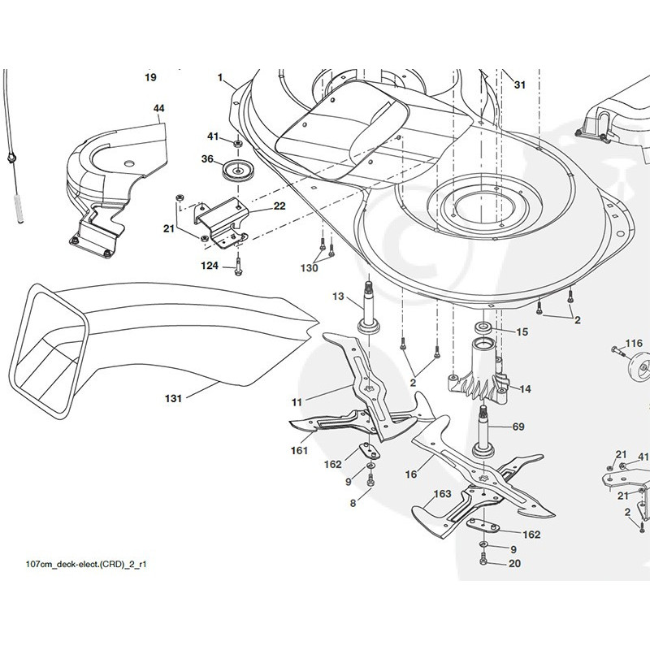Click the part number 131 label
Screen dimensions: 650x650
[x=173, y=398]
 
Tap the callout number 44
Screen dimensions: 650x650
[x=158, y=108]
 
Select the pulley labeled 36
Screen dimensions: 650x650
[x=236, y=170]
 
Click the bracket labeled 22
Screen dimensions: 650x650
[x=220, y=224]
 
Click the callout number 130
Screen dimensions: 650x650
[x=309, y=268]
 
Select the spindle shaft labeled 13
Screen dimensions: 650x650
[x=369, y=308]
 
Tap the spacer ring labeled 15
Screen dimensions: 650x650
[x=483, y=327]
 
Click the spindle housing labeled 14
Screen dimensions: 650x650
[x=479, y=371]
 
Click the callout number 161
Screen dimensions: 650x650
[x=299, y=450]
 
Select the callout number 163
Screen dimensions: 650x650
[x=442, y=494]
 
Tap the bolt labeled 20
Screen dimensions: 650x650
[x=483, y=559]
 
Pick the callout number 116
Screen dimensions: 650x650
[x=634, y=343]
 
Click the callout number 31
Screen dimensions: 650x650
[x=519, y=84]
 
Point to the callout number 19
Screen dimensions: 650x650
[x=150, y=77]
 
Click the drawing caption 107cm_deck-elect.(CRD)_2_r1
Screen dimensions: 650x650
[x=86, y=564]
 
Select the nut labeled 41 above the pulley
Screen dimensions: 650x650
[x=238, y=144]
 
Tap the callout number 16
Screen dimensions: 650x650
[x=411, y=474]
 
